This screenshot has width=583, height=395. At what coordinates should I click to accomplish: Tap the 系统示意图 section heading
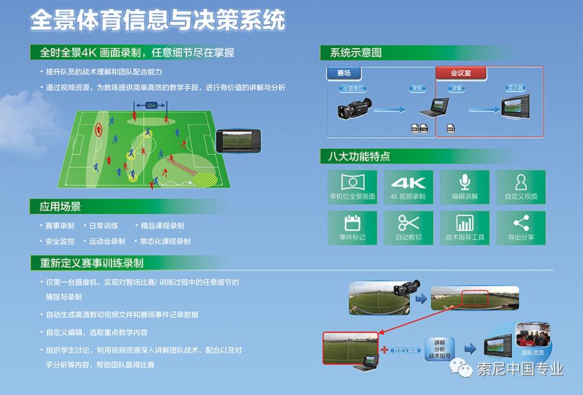tap(356, 53)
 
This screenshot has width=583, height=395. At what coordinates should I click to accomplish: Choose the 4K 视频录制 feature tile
tap(408, 186)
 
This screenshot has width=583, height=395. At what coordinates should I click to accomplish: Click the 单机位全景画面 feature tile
tap(352, 186)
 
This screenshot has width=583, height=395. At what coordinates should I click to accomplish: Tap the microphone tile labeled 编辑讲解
tap(465, 186)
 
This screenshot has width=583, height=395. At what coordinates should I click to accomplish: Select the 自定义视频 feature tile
tap(521, 186)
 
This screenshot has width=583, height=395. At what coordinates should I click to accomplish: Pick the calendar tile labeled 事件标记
tap(352, 227)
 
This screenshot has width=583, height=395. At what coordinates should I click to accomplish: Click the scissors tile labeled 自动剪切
tap(408, 227)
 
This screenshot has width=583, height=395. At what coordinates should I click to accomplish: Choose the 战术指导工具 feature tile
tap(465, 227)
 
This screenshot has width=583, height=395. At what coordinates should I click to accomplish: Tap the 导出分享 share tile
tap(521, 227)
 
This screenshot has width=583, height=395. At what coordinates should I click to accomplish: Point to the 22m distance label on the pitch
tap(152, 105)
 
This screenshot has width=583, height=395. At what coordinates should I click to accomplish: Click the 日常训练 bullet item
tap(103, 226)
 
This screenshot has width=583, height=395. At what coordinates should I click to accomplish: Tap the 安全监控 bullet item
tap(60, 242)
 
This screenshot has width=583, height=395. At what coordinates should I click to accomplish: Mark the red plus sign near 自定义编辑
tap(384, 350)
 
